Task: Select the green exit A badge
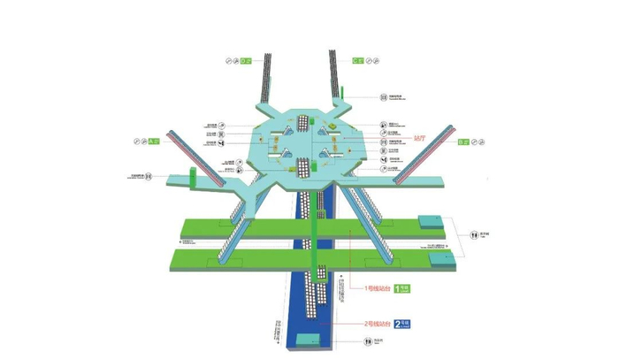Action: (152, 141)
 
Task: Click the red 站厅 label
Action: (420, 139)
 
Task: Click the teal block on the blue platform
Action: (306, 339)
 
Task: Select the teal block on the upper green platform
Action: (432, 221)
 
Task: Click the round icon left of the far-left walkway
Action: (149, 176)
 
